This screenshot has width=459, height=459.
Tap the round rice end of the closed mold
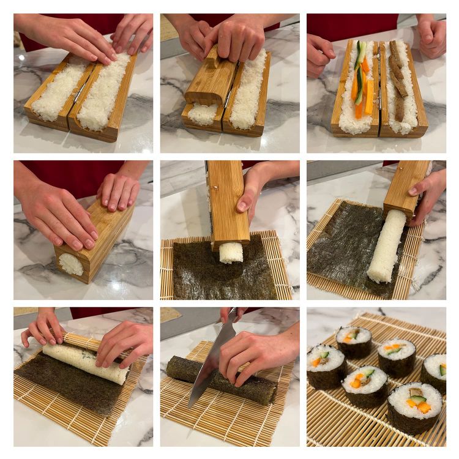[71, 264]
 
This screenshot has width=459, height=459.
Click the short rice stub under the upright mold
[231, 252]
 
